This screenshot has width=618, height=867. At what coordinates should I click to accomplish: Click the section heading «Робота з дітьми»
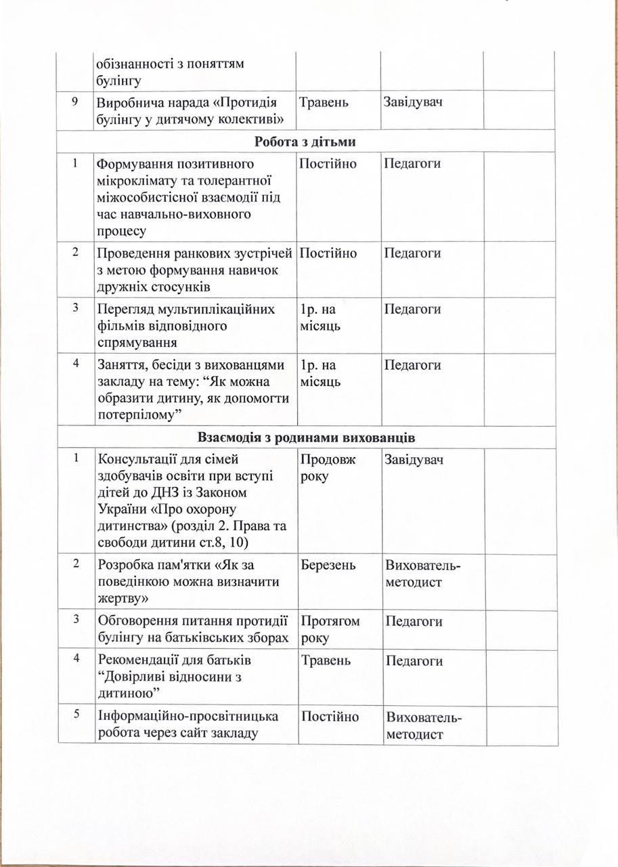pyautogui.click(x=306, y=142)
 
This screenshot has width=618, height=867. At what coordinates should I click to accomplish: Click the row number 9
pyautogui.click(x=74, y=101)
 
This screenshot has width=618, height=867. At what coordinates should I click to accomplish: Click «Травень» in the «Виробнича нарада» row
pyautogui.click(x=324, y=102)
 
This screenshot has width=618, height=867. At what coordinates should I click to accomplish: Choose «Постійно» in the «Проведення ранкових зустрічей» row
pyautogui.click(x=328, y=253)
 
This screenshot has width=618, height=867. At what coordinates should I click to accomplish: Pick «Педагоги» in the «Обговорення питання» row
pyautogui.click(x=413, y=620)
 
